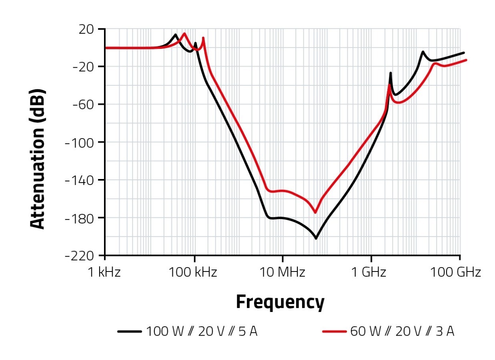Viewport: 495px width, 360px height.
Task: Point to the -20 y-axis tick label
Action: click(x=83, y=66)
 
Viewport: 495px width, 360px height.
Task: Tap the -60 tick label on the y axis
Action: click(x=83, y=105)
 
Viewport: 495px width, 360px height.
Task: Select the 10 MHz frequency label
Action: click(x=283, y=273)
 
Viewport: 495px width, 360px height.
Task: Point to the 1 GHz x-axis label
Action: click(x=371, y=273)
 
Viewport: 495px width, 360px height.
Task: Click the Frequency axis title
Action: click(x=280, y=302)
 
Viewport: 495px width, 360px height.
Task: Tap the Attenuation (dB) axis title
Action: click(x=38, y=159)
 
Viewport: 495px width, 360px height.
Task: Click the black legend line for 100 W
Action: click(x=129, y=332)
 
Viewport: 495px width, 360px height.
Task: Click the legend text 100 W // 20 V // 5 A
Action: click(x=201, y=332)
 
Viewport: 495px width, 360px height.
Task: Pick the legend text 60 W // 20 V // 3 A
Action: click(x=402, y=332)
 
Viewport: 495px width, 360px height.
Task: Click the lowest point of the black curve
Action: click(x=316, y=239)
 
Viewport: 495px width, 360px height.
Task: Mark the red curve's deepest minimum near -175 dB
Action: click(x=315, y=213)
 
